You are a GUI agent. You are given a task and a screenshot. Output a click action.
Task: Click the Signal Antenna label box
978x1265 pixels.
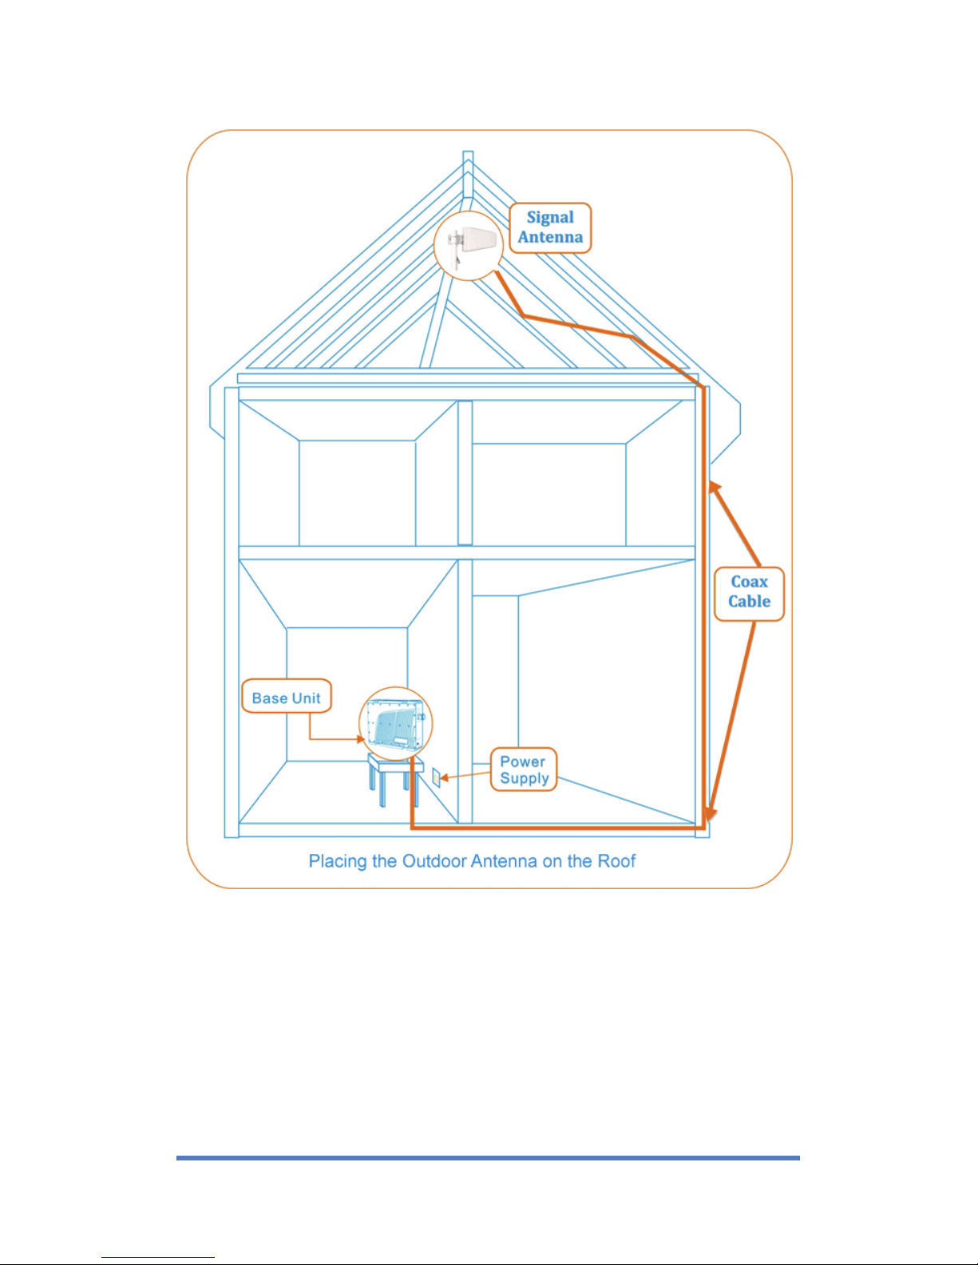coord(550,227)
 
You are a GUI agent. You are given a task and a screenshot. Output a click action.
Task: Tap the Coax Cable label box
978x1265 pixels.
coord(749,594)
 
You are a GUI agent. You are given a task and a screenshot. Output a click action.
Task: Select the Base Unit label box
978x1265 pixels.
coord(287,696)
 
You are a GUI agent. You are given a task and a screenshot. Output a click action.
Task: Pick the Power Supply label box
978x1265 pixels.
coord(524,769)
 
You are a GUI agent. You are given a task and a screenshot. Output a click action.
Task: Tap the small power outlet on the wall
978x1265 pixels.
coord(436,777)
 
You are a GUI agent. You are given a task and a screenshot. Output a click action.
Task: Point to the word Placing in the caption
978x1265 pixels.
coord(338,862)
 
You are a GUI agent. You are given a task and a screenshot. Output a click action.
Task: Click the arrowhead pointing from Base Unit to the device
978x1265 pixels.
coord(360,739)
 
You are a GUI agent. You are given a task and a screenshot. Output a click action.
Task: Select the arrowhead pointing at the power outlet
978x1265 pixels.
coord(445,777)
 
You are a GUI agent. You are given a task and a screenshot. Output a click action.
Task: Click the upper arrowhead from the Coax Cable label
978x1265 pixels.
coord(714,488)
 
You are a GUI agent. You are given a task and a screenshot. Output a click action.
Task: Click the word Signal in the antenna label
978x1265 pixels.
coord(550,218)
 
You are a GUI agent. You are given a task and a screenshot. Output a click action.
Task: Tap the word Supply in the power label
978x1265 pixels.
coord(525,778)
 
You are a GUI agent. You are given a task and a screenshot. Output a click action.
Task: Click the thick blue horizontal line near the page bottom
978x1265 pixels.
coord(488,1158)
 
